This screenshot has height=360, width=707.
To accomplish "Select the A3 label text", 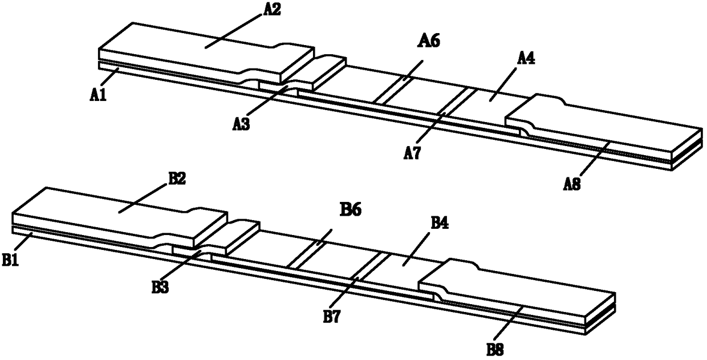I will tap(241, 123).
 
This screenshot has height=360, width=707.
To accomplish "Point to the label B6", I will tap(350, 211).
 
